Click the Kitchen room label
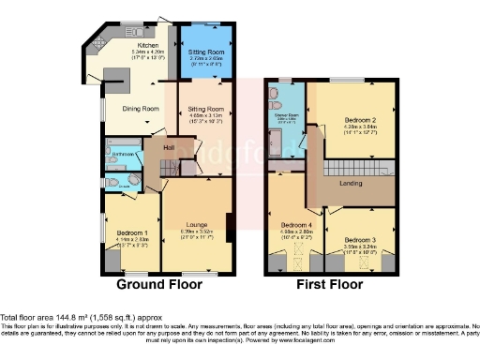coord(148,44)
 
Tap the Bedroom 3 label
coord(360,240)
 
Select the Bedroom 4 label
coord(298,225)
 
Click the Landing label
coord(350,183)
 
